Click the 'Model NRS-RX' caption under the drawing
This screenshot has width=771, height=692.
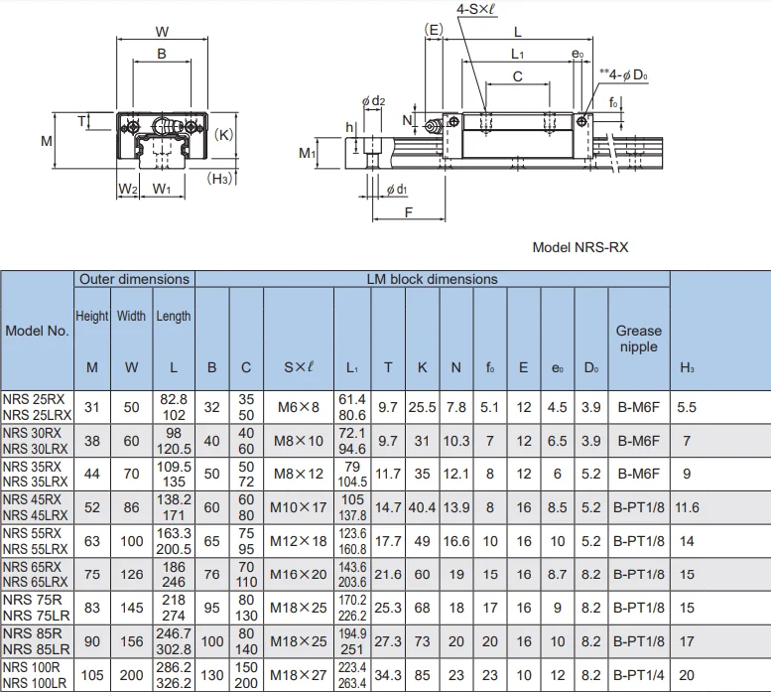pyautogui.click(x=579, y=247)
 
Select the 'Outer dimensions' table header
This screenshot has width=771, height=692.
pyautogui.click(x=134, y=279)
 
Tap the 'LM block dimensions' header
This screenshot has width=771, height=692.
pyautogui.click(x=432, y=279)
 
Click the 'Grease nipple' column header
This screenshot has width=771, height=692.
pyautogui.click(x=638, y=339)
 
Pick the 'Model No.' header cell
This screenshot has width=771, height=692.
pyautogui.click(x=38, y=331)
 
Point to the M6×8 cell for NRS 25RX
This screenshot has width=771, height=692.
pyautogui.click(x=298, y=407)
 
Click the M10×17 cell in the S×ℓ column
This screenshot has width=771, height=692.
pyautogui.click(x=298, y=507)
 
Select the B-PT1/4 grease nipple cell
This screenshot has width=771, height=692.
pyautogui.click(x=638, y=676)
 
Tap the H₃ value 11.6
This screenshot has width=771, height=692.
pyautogui.click(x=687, y=507)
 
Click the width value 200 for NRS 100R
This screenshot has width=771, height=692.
pyautogui.click(x=131, y=676)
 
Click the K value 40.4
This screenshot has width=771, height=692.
pyautogui.click(x=422, y=507)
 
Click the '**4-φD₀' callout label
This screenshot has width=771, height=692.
pyautogui.click(x=623, y=74)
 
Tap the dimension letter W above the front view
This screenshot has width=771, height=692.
pyautogui.click(x=163, y=31)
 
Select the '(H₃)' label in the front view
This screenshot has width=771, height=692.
pyautogui.click(x=220, y=179)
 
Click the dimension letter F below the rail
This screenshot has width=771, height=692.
pyautogui.click(x=408, y=212)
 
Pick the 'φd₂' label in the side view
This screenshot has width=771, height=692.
pyautogui.click(x=373, y=100)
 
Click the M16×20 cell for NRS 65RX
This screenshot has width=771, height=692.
pyautogui.click(x=298, y=575)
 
